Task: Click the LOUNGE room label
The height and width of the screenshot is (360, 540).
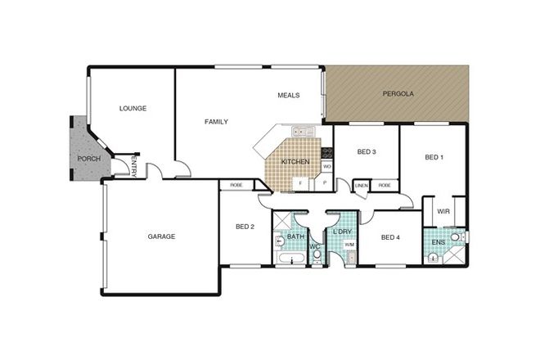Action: click(x=133, y=108)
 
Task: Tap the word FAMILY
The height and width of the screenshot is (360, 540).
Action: click(x=216, y=122)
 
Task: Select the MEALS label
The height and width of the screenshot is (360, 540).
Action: click(x=288, y=95)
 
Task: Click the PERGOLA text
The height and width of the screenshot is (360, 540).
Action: click(x=398, y=94)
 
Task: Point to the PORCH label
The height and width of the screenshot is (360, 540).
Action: click(x=88, y=159)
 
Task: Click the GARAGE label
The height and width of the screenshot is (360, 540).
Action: click(x=161, y=236)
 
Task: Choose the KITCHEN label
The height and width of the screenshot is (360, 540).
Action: click(x=295, y=162)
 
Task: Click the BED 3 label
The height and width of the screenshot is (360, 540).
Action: click(x=367, y=152)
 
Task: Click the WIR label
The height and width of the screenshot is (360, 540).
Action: click(x=443, y=211)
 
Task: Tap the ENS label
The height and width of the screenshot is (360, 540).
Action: click(x=438, y=242)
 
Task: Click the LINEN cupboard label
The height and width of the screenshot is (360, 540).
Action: click(x=361, y=187)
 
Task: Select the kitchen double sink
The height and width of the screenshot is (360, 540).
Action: click(x=299, y=130)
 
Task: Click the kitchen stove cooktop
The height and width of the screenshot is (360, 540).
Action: click(x=327, y=151)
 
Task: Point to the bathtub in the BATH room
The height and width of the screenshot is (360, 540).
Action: click(x=289, y=259)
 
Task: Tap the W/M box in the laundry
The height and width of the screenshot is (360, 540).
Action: click(x=349, y=245)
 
